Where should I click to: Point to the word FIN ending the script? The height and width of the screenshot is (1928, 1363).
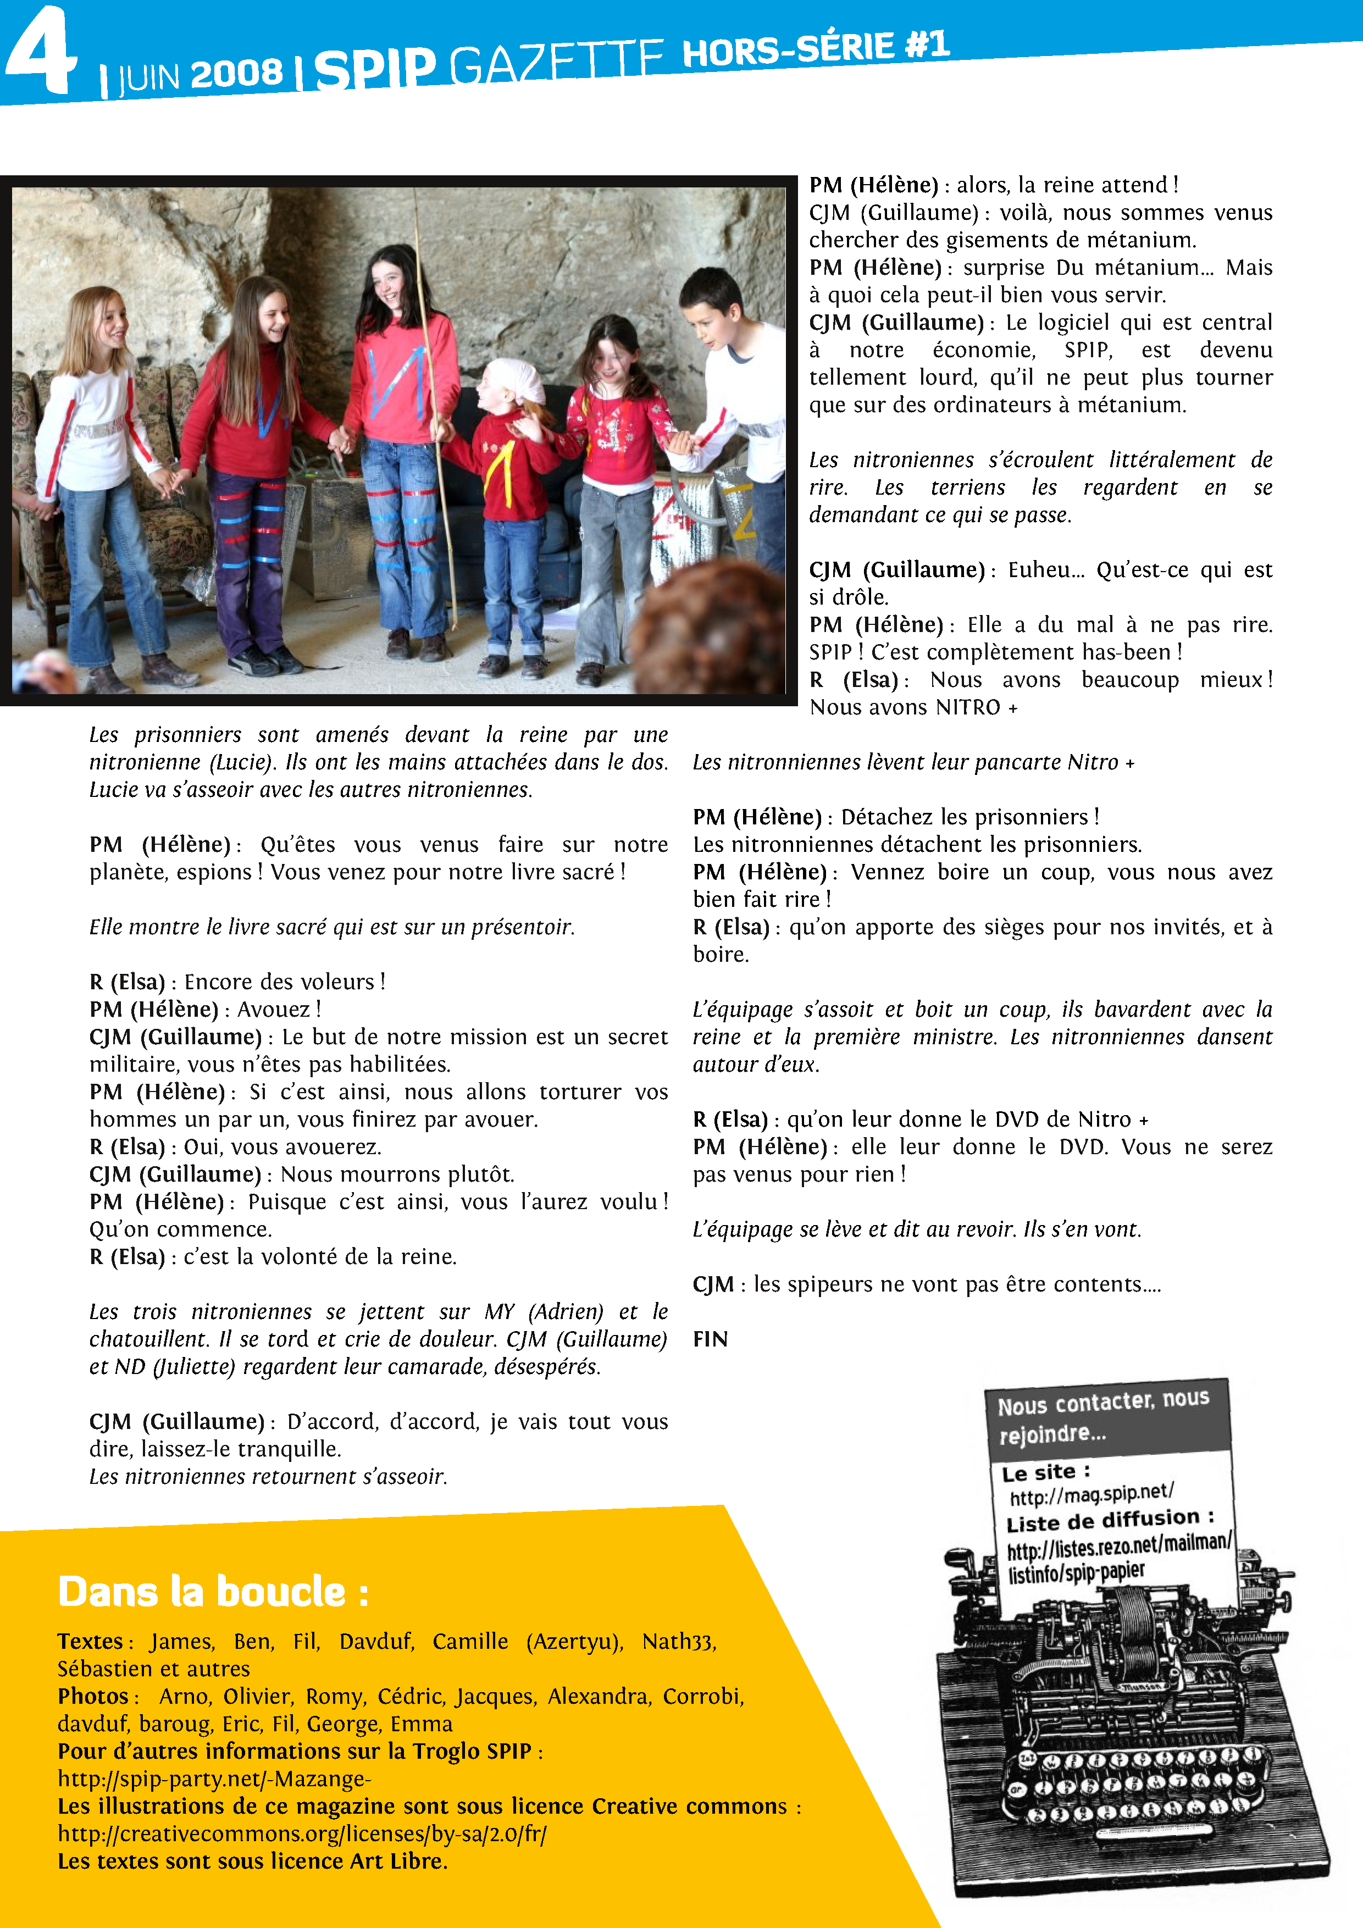click(710, 1338)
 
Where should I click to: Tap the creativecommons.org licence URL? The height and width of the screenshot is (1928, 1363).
click(302, 1833)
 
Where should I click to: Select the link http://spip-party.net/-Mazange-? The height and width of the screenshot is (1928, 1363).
click(214, 1779)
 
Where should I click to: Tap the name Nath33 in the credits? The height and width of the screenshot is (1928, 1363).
click(679, 1641)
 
